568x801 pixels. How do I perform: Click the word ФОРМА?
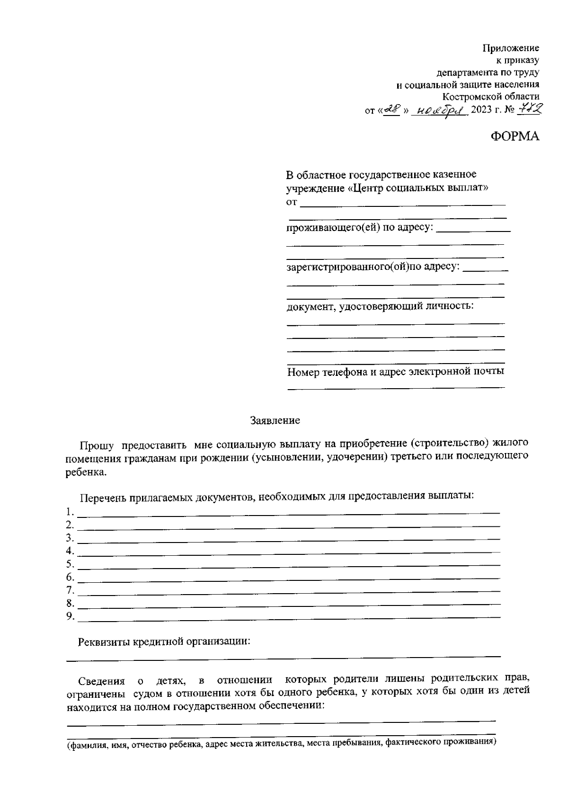tap(515, 136)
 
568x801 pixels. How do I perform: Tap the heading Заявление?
tap(275, 420)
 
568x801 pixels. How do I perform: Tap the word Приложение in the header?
tap(511, 48)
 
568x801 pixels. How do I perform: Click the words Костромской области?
tap(491, 97)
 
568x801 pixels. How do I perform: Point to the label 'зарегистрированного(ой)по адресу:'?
tap(373, 267)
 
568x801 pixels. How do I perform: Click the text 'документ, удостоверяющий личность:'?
tap(380, 306)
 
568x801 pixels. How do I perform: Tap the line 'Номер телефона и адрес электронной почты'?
tap(395, 371)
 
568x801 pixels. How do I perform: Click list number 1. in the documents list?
tap(70, 512)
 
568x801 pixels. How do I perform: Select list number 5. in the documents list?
tap(70, 564)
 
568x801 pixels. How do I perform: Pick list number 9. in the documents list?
tap(70, 616)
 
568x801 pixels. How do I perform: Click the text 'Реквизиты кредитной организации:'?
tap(164, 642)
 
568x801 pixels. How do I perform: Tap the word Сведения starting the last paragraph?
tap(101, 681)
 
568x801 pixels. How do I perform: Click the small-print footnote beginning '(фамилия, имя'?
tap(280, 743)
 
